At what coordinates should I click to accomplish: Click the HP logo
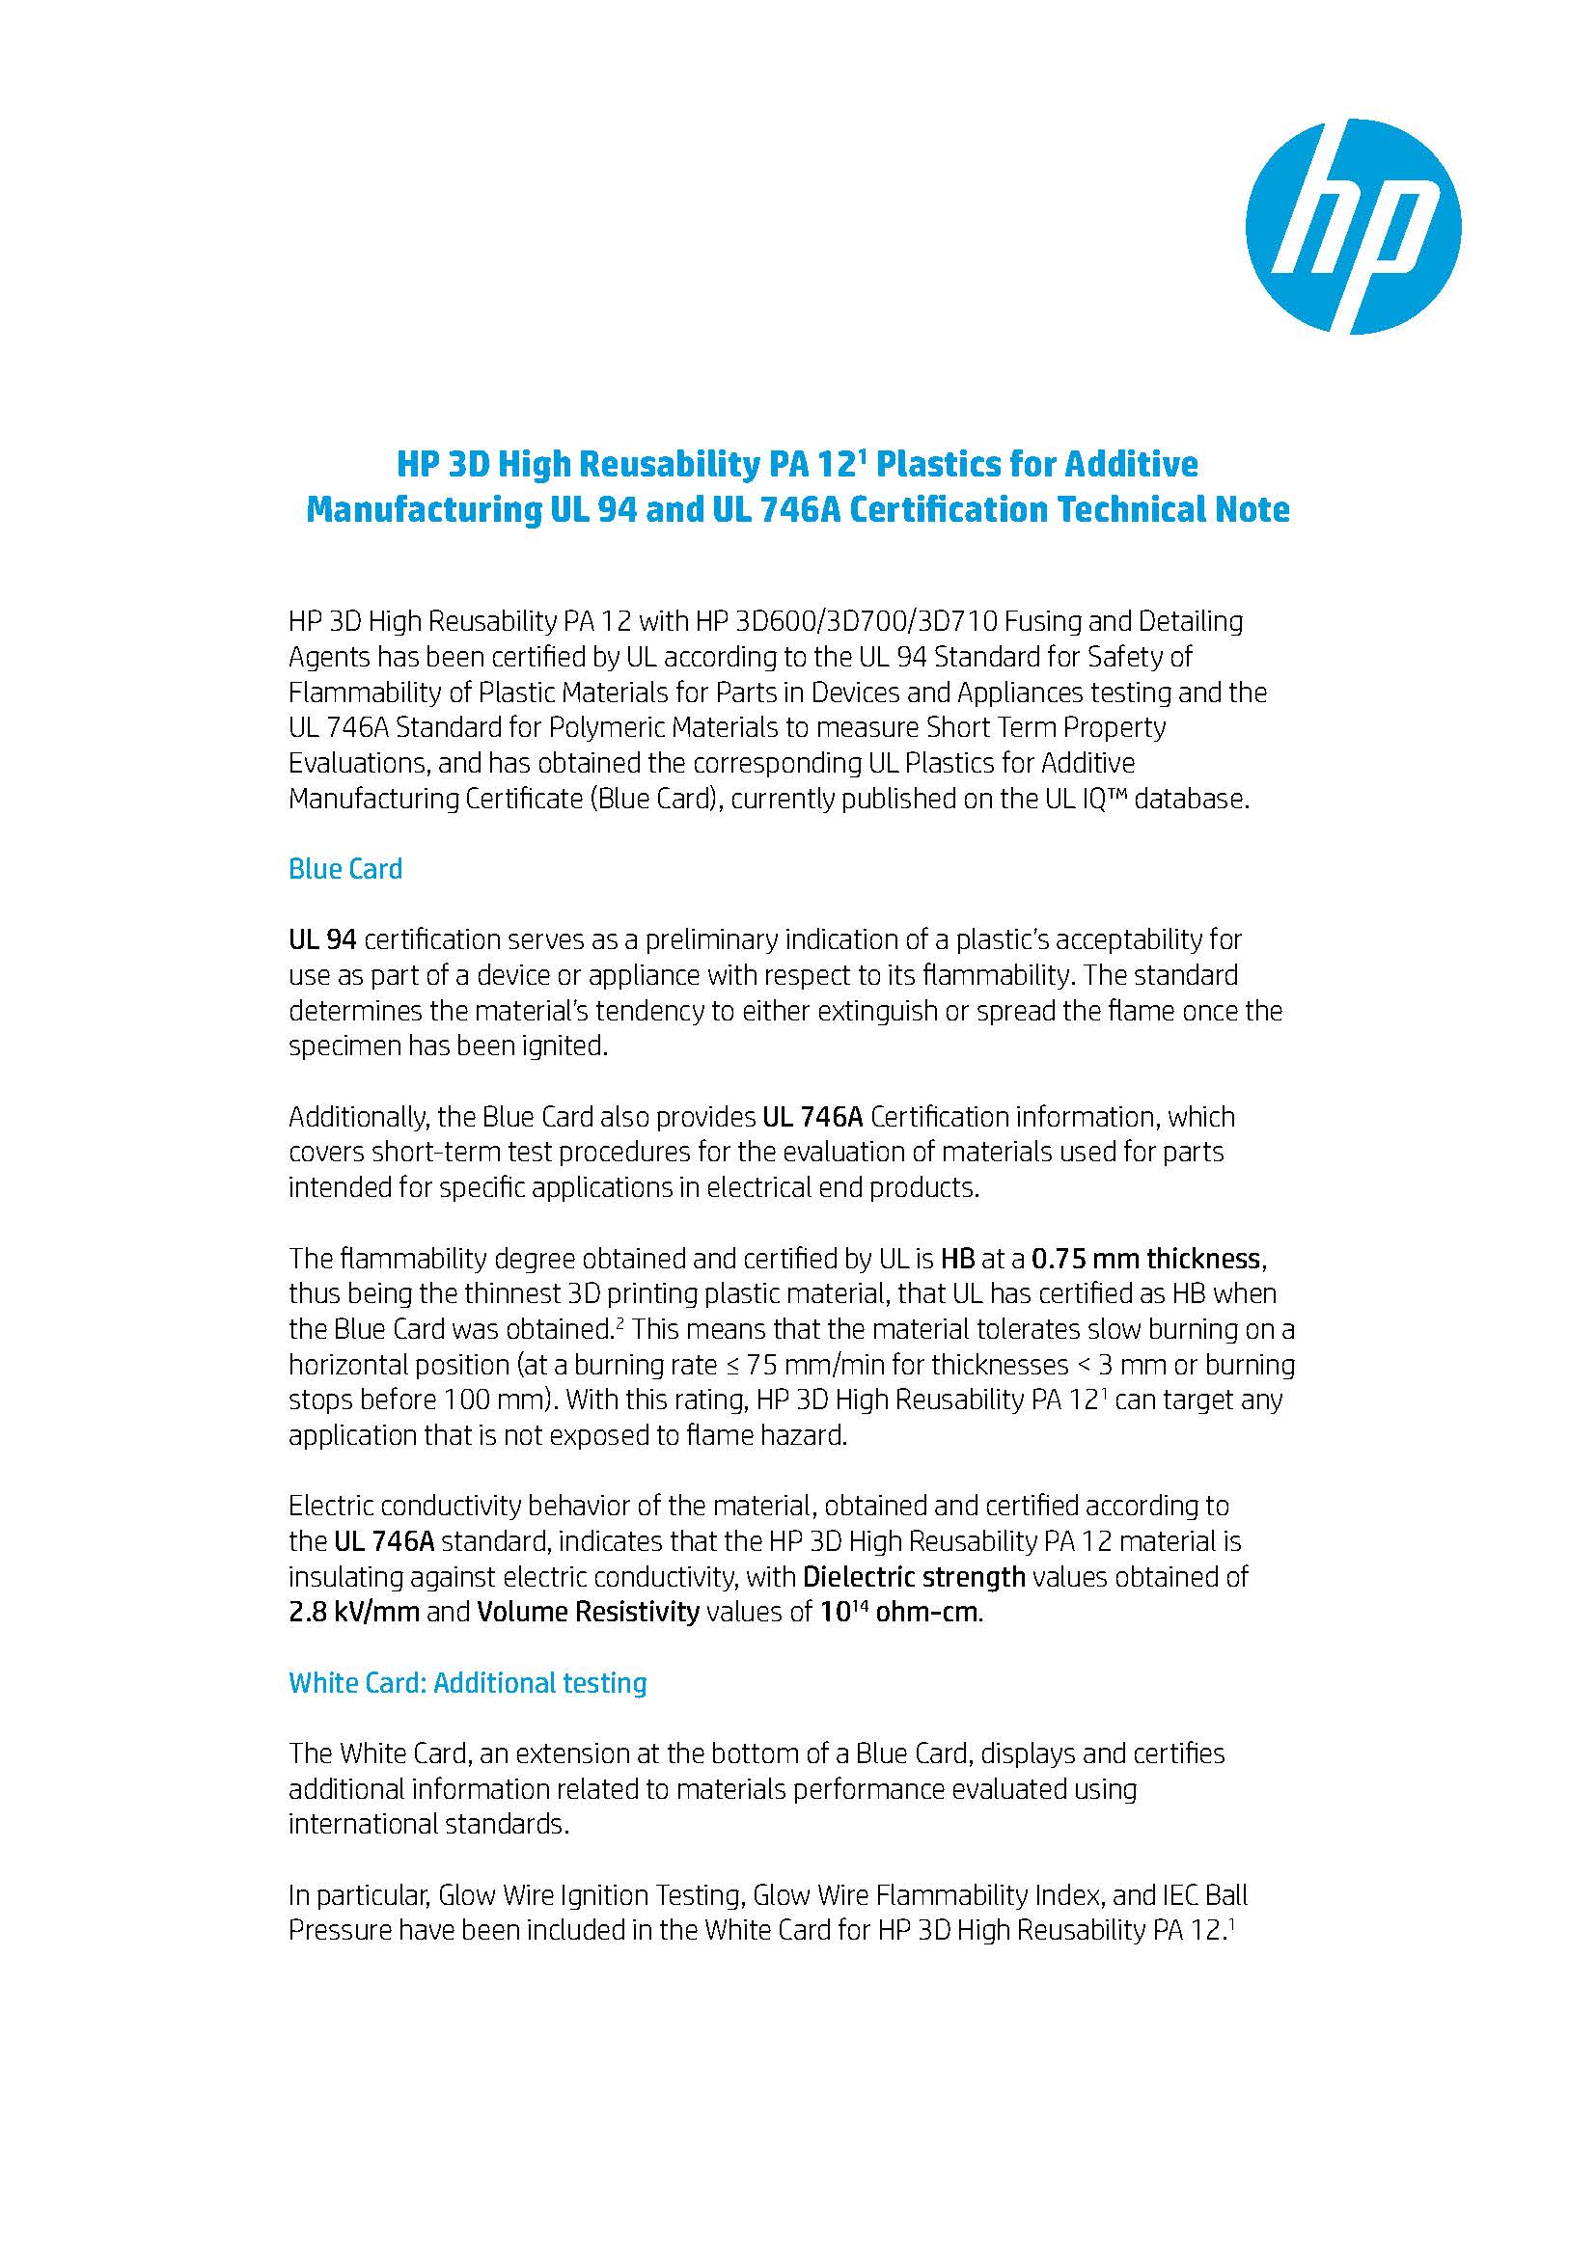[x=1352, y=226]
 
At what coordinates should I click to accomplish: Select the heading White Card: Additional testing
[x=468, y=1683]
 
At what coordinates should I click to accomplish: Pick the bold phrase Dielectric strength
[x=914, y=1577]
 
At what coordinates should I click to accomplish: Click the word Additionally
[x=354, y=1117]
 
